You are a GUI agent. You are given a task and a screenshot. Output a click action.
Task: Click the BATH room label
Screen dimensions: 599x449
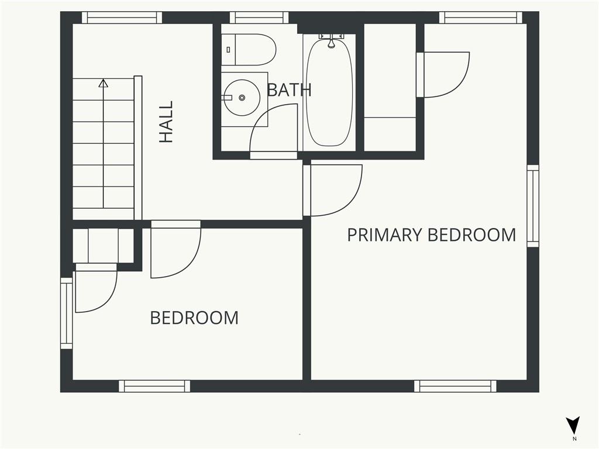pyautogui.click(x=289, y=89)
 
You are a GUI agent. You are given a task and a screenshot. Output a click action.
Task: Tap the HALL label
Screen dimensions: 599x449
pyautogui.click(x=166, y=122)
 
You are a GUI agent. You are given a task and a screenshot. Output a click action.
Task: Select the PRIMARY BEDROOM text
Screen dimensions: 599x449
pyautogui.click(x=431, y=234)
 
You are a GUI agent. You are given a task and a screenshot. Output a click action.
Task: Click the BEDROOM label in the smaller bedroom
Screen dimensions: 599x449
pyautogui.click(x=194, y=317)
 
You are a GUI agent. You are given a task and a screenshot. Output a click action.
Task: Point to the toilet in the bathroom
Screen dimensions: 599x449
pyautogui.click(x=249, y=50)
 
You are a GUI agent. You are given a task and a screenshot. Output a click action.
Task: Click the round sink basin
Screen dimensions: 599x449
pyautogui.click(x=242, y=98)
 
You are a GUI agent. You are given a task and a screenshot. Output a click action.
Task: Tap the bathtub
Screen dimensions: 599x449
pyautogui.click(x=330, y=92)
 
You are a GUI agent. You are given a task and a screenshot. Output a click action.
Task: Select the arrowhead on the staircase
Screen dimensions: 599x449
pyautogui.click(x=103, y=83)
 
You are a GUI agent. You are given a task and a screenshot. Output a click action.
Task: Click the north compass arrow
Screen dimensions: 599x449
pyautogui.click(x=573, y=425)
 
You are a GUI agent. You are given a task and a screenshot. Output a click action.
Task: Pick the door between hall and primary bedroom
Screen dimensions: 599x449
pyautogui.click(x=332, y=190)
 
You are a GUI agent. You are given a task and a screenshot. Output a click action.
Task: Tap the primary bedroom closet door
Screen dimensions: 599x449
pyautogui.click(x=443, y=74)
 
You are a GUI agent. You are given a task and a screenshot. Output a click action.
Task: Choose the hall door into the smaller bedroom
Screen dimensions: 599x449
pyautogui.click(x=175, y=249)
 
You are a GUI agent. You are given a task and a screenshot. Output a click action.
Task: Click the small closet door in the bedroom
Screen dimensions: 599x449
pyautogui.click(x=96, y=288)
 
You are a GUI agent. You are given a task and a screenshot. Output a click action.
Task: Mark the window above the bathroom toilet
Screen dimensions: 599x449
pyautogui.click(x=259, y=18)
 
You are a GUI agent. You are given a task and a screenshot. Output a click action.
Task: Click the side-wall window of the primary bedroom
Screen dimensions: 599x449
pyautogui.click(x=533, y=206)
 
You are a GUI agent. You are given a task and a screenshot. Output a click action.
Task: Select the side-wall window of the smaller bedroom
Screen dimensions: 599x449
pyautogui.click(x=67, y=313)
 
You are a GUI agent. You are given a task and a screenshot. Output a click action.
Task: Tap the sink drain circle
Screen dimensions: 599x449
pyautogui.click(x=242, y=98)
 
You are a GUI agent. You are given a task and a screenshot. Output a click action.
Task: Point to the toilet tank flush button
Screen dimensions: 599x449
pyautogui.click(x=229, y=50)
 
